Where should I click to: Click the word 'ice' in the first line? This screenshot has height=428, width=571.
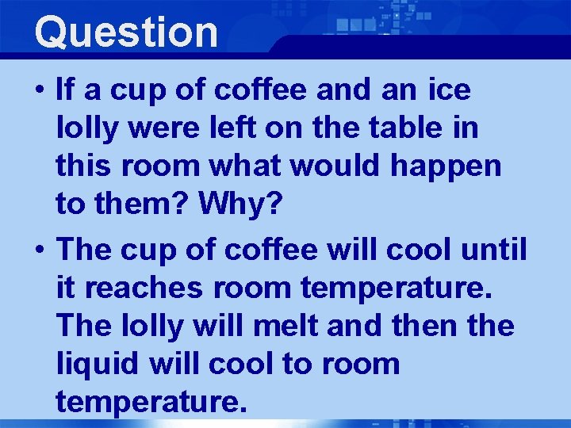(x=449, y=90)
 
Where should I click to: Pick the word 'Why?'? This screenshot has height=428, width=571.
(x=240, y=204)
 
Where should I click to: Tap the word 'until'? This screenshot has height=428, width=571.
(x=493, y=250)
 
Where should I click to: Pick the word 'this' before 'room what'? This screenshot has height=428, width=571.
(x=80, y=166)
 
